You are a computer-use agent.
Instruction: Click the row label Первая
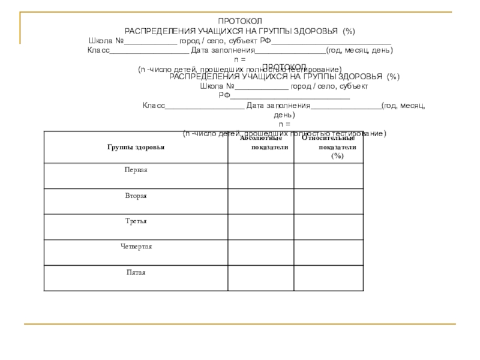pos(136,170)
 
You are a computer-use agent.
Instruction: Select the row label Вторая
pos(136,196)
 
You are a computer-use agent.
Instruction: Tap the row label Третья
pos(136,221)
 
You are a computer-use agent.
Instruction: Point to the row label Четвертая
pos(136,247)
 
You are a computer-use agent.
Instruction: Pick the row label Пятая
pos(136,272)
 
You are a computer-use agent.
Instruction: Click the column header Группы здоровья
pos(136,146)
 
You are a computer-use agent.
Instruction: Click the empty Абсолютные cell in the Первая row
pos(260,176)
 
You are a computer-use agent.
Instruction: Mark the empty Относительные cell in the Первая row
pos(329,176)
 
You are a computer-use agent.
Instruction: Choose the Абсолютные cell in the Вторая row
pos(260,201)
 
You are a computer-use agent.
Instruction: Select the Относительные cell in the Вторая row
pos(329,201)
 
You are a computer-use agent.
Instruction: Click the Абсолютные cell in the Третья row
pos(260,227)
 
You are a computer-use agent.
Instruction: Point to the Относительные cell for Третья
pos(329,227)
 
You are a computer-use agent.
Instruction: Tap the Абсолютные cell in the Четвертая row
pos(260,252)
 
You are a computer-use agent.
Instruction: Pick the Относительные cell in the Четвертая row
pos(329,252)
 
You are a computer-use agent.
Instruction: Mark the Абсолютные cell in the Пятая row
pos(260,278)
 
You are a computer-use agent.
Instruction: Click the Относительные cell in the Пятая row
pos(329,278)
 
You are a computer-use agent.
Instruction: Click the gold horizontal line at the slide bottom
pos(240,324)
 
